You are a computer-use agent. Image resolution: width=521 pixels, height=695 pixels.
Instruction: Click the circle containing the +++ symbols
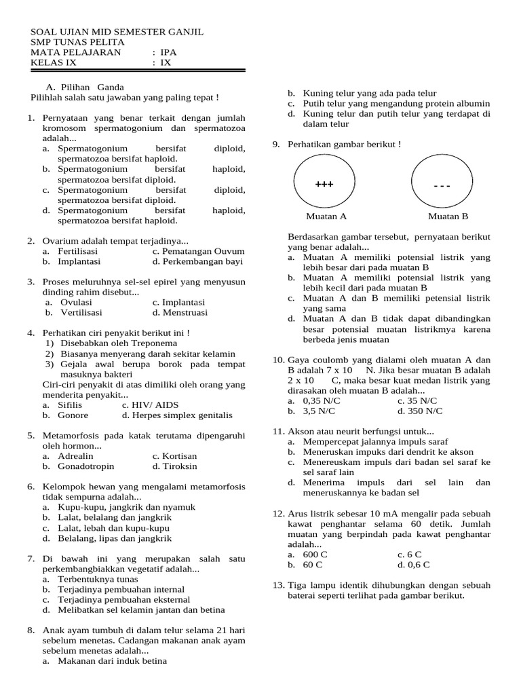(x=324, y=184)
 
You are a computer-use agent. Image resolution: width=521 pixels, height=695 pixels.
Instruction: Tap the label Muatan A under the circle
(x=326, y=217)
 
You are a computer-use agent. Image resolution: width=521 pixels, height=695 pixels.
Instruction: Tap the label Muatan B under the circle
(x=448, y=217)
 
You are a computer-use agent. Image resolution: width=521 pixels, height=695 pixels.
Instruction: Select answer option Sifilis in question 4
(x=71, y=405)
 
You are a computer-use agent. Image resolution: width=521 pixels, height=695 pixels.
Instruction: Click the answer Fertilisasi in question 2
(x=78, y=251)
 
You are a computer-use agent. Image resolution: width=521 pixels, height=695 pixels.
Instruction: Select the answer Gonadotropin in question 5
(x=86, y=466)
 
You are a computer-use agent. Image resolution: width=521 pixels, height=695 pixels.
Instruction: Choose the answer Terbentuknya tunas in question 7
(x=98, y=579)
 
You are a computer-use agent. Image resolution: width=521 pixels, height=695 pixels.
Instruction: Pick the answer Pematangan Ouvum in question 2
(x=197, y=251)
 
